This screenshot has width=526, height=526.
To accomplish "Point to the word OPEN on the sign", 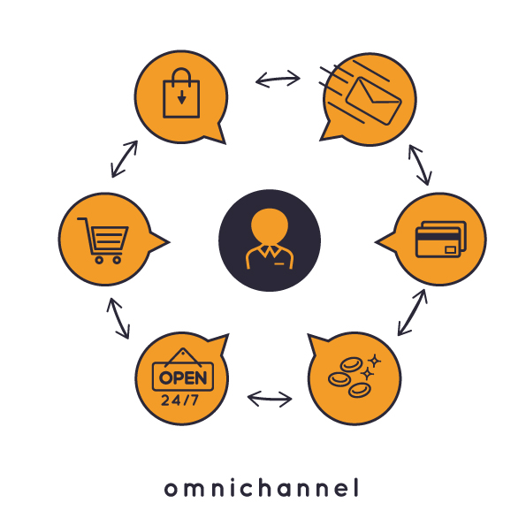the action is (x=183, y=378).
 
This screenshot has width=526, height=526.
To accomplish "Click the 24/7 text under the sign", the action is (x=179, y=400).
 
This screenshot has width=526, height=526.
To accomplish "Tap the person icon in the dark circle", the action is (x=270, y=239).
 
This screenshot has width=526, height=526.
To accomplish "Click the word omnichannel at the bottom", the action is (x=262, y=488).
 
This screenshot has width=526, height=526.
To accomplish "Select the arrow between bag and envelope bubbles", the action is (x=278, y=80).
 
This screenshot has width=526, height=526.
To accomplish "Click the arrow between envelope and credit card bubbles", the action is (x=420, y=165).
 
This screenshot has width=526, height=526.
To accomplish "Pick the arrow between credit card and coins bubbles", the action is (x=412, y=312).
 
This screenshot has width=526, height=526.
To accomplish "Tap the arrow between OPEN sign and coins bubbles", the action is (x=270, y=399).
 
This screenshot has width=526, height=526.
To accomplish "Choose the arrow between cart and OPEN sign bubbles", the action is (x=118, y=318).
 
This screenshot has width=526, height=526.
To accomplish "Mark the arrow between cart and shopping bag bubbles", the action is (x=125, y=158).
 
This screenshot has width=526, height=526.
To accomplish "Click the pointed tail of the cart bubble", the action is (x=169, y=241).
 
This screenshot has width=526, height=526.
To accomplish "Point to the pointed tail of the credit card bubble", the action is (x=377, y=241).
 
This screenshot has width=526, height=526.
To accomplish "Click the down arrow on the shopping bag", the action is (x=181, y=97).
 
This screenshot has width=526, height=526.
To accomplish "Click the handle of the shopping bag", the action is (x=181, y=69).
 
